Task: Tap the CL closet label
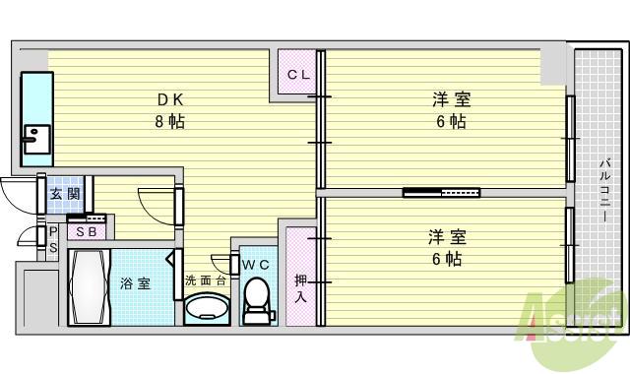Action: pos(298,75)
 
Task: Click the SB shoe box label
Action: pos(86,231)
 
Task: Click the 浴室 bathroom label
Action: pos(135,283)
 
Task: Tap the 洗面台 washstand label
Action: pos(206,280)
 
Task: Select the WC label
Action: pos(255,264)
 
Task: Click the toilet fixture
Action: pos(257,299)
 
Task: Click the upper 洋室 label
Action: pos(451,99)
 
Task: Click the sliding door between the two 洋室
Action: pos(441,192)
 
